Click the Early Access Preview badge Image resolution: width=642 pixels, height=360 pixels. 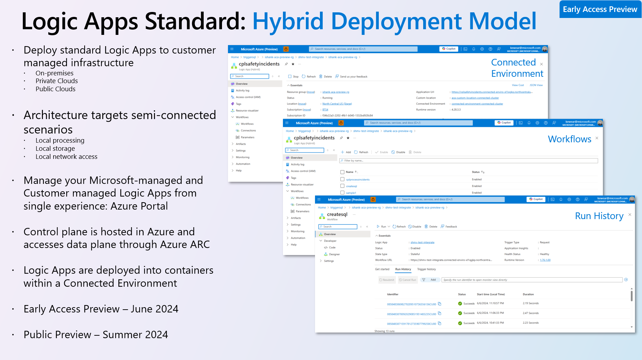click(x=600, y=10)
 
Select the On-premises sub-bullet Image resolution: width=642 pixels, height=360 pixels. click(x=54, y=73)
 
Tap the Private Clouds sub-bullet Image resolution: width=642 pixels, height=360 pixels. click(x=56, y=81)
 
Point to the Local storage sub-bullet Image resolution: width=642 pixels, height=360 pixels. click(x=55, y=149)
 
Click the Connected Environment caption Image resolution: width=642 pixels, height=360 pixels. click(x=517, y=68)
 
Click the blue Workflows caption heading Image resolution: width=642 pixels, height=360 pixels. click(x=569, y=139)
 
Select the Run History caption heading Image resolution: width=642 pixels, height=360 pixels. click(x=599, y=216)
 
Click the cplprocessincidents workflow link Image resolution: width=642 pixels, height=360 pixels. click(x=358, y=180)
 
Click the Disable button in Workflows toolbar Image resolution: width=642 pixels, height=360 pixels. click(x=398, y=152)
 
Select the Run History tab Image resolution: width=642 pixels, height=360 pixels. click(x=403, y=269)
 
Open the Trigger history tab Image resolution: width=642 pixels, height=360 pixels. click(x=426, y=269)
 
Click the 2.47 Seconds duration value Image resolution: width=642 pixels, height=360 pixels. click(x=530, y=313)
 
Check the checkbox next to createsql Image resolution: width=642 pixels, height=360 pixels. click(x=342, y=186)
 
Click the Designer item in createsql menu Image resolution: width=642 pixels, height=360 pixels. click(x=334, y=254)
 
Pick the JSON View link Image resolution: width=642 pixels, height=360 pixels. click(x=536, y=85)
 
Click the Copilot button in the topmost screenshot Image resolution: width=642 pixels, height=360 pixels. click(x=449, y=49)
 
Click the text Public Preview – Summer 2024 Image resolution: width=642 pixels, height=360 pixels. click(x=95, y=335)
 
